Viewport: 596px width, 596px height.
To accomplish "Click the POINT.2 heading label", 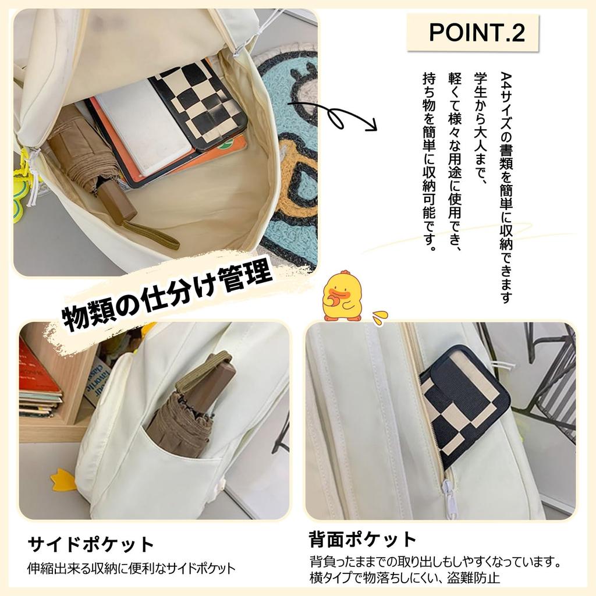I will click(x=477, y=33).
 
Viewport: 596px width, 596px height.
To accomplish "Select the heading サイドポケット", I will click(x=91, y=545).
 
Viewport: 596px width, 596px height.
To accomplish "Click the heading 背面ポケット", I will click(x=363, y=540).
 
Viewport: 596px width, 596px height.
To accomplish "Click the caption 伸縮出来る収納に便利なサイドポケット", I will click(x=132, y=568).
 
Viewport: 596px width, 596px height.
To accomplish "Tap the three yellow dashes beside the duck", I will click(x=379, y=317).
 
